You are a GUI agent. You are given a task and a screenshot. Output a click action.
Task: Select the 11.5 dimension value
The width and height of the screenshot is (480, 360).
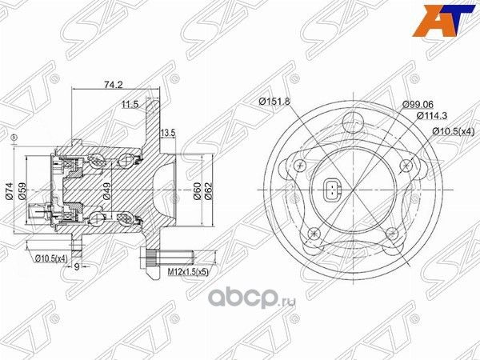[x=130, y=104]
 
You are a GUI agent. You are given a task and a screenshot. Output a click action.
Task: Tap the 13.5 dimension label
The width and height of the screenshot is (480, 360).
[x=167, y=131]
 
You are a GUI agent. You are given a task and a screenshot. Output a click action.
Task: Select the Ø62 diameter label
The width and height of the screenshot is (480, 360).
[x=210, y=190]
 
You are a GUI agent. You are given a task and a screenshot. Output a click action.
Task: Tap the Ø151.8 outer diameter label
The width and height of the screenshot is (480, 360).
[x=274, y=101]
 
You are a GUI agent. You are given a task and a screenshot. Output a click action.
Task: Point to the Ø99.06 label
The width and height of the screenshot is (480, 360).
[x=418, y=104]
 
